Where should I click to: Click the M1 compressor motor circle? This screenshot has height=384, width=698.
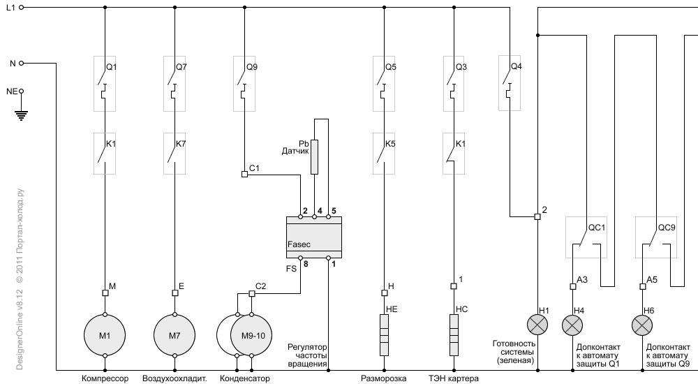(x=105, y=335)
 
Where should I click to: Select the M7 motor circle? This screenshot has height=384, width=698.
(x=174, y=335)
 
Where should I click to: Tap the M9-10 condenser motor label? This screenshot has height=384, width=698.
(x=253, y=335)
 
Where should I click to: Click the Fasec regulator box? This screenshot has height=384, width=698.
(x=314, y=237)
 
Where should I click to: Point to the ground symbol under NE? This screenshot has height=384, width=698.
(x=21, y=115)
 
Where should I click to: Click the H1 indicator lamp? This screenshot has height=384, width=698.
(x=537, y=325)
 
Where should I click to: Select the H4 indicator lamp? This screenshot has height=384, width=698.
(x=573, y=325)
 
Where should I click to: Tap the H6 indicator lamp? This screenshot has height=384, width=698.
(x=642, y=325)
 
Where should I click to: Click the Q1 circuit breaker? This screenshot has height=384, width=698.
(x=105, y=84)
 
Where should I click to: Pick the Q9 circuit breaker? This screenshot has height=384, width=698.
(x=244, y=84)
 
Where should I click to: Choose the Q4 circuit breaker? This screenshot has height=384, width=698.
(x=510, y=83)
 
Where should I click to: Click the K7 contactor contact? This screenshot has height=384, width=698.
(x=174, y=154)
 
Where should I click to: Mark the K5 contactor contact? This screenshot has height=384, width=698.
(x=384, y=154)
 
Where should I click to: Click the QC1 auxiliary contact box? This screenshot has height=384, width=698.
(x=586, y=237)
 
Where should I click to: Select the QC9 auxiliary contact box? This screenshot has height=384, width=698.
(x=656, y=237)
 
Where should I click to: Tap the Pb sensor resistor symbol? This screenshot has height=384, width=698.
(x=315, y=157)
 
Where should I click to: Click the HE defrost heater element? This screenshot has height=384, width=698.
(x=384, y=335)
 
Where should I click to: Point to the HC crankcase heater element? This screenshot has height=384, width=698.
(x=454, y=335)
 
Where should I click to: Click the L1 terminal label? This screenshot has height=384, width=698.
(x=10, y=8)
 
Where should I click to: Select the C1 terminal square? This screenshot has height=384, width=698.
(x=244, y=174)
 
